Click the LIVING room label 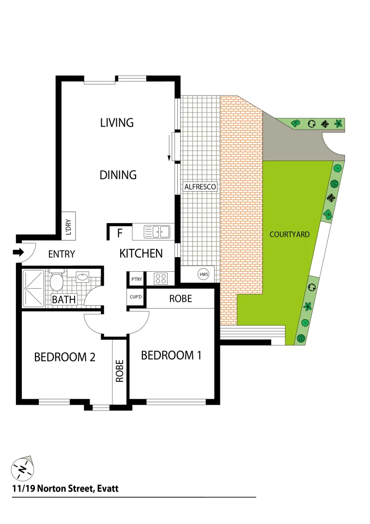(117, 123)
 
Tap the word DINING (118, 175)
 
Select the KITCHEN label (141, 253)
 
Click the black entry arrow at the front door (18, 252)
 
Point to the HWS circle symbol (203, 274)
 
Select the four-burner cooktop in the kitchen (160, 278)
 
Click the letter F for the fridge (120, 233)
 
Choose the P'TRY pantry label (136, 279)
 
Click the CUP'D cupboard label (136, 297)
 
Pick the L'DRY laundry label (69, 226)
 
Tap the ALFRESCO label (200, 187)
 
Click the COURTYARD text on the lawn (289, 234)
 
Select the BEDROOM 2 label (64, 358)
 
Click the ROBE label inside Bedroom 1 (180, 299)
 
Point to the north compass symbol (22, 468)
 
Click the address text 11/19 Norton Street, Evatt (65, 489)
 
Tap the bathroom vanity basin (83, 277)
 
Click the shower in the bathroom (34, 289)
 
